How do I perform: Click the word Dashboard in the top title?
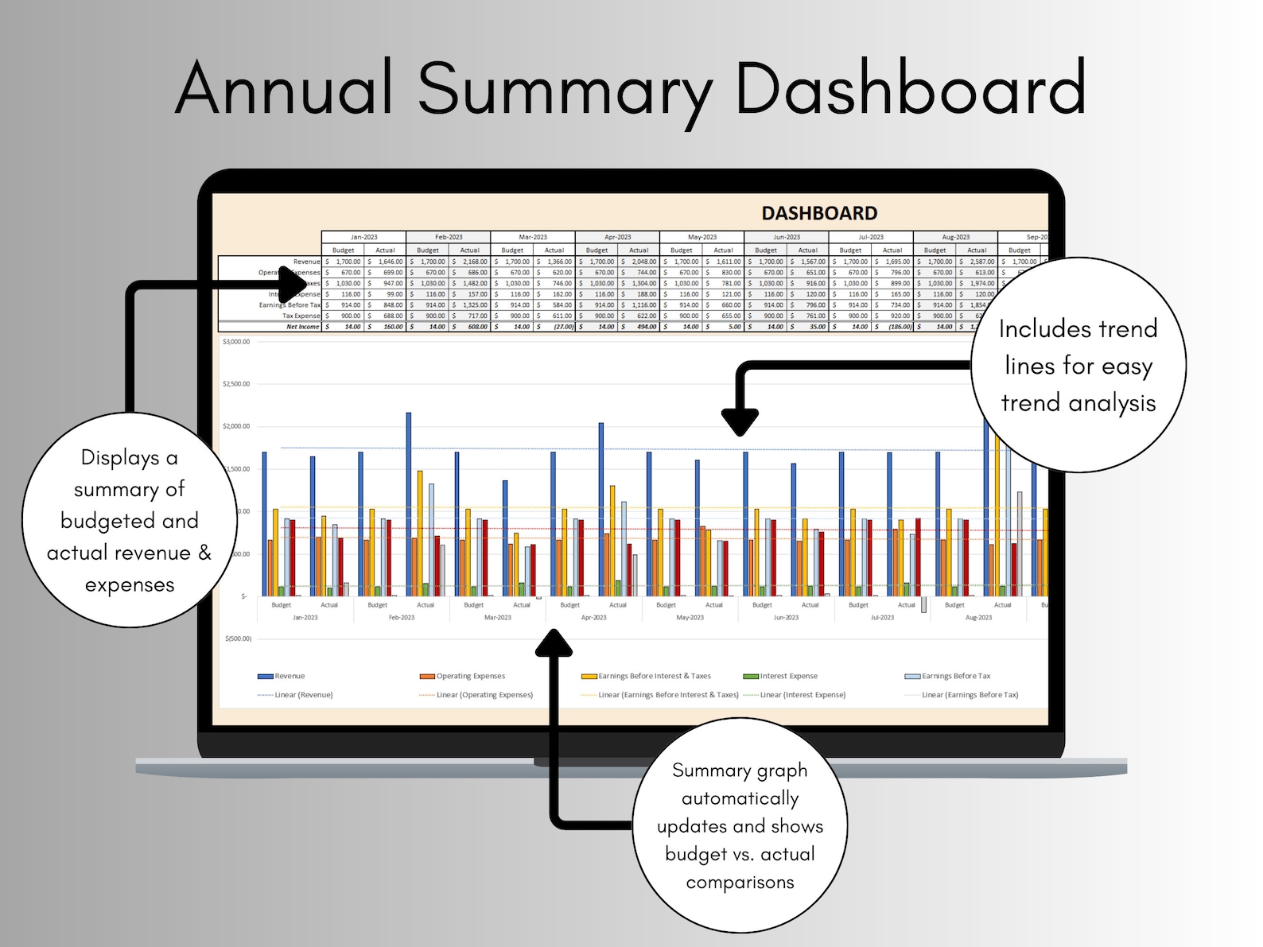pos(910,88)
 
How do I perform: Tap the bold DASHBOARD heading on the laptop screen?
pos(819,213)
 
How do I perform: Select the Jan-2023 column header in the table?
pos(363,237)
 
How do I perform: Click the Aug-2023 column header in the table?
pos(955,237)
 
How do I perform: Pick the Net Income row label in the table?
pos(302,327)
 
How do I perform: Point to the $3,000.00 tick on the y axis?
pos(236,342)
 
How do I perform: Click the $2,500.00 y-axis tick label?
pos(236,384)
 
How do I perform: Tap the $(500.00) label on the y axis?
pos(239,638)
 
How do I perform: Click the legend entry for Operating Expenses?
pos(470,676)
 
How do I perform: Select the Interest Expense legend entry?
pos(788,676)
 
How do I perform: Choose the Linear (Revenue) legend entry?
pos(303,695)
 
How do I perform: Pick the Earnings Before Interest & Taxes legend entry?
pos(654,676)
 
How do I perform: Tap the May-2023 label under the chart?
pos(690,618)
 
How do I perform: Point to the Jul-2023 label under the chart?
pos(882,618)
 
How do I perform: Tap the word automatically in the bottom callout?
pos(740,798)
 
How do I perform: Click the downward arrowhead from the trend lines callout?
pos(740,422)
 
